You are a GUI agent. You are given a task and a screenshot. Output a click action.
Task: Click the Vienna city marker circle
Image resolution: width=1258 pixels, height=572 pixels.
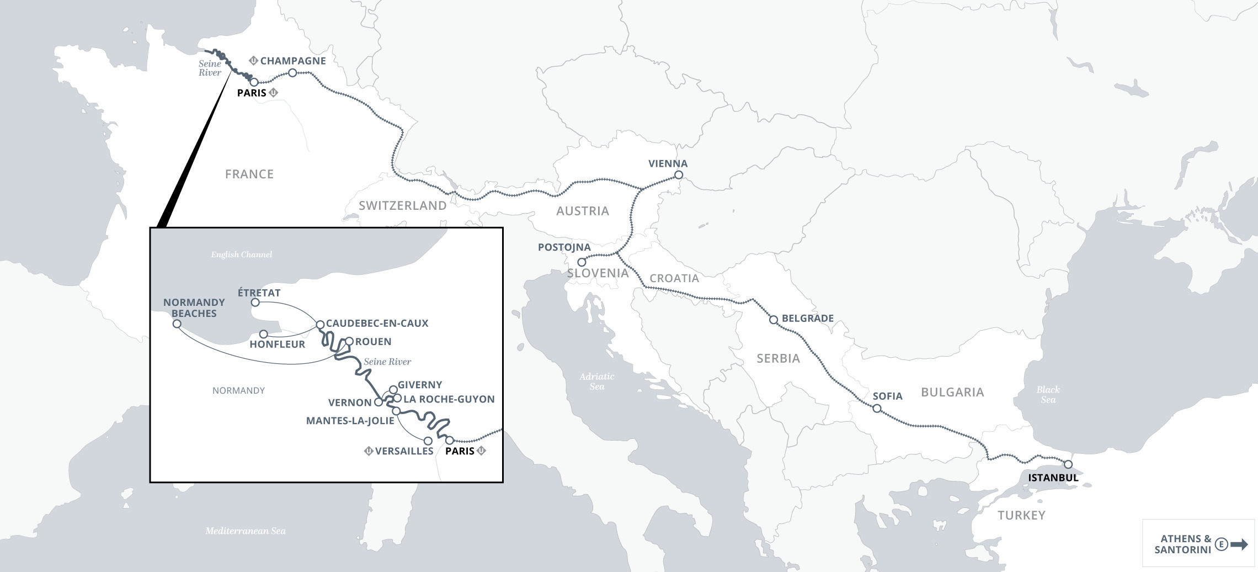(x=679, y=175)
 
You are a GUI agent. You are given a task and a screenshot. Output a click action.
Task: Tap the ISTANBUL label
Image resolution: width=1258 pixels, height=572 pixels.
(x=1053, y=478)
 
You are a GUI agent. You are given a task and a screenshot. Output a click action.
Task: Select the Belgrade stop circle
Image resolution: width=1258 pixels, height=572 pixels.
(x=774, y=320)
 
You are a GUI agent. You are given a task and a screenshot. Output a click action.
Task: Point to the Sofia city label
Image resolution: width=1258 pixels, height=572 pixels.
(x=887, y=396)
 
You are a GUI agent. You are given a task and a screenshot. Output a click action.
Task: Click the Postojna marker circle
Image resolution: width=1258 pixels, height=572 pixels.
(x=581, y=262)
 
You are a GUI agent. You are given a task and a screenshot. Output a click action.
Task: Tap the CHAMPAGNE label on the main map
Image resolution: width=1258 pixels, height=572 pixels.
(x=293, y=61)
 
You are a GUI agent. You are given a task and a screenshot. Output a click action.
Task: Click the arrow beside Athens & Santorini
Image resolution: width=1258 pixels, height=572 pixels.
(x=1239, y=544)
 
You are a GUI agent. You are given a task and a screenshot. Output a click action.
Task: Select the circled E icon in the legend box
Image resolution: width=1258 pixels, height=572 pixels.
(x=1222, y=544)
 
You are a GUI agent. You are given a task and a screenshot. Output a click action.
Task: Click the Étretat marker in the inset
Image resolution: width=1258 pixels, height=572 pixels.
(x=255, y=303)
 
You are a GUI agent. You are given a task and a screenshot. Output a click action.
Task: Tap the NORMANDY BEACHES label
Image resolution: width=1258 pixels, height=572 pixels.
(x=194, y=308)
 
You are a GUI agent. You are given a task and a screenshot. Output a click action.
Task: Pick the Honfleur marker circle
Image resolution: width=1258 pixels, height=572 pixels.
(x=264, y=334)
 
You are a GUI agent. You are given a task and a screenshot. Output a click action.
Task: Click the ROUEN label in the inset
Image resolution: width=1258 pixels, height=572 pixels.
(x=373, y=342)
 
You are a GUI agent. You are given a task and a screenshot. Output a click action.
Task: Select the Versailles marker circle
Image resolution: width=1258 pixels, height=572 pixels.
(x=428, y=441)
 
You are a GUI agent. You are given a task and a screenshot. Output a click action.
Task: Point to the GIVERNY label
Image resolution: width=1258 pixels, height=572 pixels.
(x=419, y=385)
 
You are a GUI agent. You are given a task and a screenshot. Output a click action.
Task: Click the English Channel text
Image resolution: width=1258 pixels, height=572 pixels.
(x=241, y=255)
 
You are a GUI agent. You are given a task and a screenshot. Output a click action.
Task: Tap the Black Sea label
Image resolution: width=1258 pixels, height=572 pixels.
(x=1048, y=394)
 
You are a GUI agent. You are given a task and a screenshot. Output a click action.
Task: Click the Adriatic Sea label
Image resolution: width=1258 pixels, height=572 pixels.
(x=596, y=381)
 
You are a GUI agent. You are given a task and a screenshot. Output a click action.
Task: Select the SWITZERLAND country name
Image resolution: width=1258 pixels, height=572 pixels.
(x=402, y=205)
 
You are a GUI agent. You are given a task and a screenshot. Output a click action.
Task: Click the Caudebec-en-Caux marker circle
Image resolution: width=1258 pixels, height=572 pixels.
(x=319, y=324)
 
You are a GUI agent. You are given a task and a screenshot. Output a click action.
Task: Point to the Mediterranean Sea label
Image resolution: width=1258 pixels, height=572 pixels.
(x=246, y=531)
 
